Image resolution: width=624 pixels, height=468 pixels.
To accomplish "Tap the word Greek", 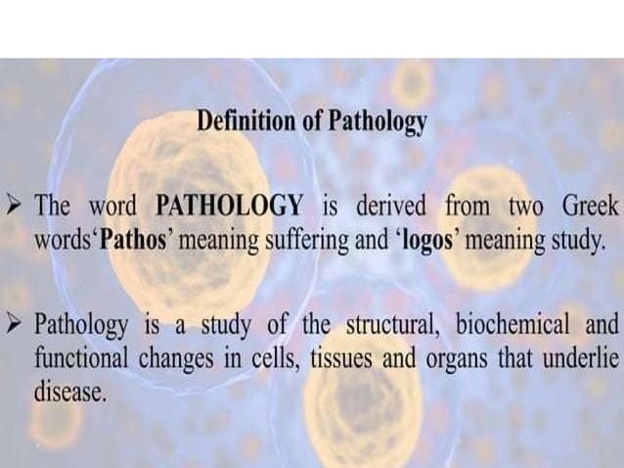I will pos(590,208).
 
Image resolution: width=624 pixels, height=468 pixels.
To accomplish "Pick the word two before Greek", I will pos(527,208).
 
